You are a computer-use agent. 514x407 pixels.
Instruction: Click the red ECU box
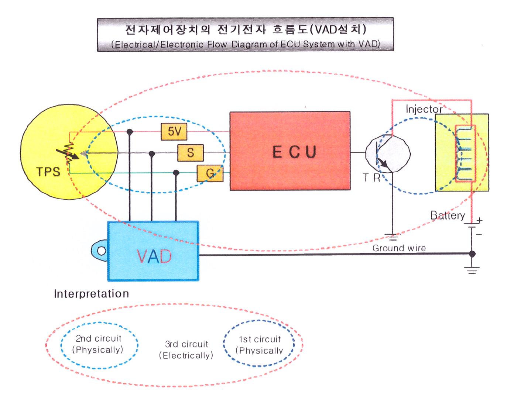click(x=290, y=151)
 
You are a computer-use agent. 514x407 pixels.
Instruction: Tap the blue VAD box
click(x=153, y=251)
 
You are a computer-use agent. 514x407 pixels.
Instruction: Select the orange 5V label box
click(x=174, y=132)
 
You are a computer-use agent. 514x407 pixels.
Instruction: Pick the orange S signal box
click(x=191, y=152)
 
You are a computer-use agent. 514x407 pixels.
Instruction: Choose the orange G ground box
click(x=210, y=173)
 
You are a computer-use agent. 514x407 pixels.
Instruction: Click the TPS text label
click(x=48, y=171)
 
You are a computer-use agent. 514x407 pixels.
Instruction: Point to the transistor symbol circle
click(x=388, y=153)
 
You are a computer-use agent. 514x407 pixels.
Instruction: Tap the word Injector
click(x=424, y=109)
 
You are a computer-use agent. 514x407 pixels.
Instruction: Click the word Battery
click(x=448, y=215)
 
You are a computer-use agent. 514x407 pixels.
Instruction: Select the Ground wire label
click(x=399, y=248)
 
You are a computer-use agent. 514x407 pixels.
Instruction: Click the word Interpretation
click(x=92, y=294)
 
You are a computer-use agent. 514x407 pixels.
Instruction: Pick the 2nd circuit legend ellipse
click(x=99, y=344)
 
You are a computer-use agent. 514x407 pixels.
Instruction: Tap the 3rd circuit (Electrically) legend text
click(x=186, y=349)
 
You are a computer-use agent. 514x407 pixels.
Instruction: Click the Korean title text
click(x=245, y=29)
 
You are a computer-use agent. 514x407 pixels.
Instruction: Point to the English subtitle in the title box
click(x=245, y=44)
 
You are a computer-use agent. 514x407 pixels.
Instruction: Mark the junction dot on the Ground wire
click(x=472, y=254)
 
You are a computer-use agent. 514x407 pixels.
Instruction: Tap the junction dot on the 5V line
click(x=130, y=131)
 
